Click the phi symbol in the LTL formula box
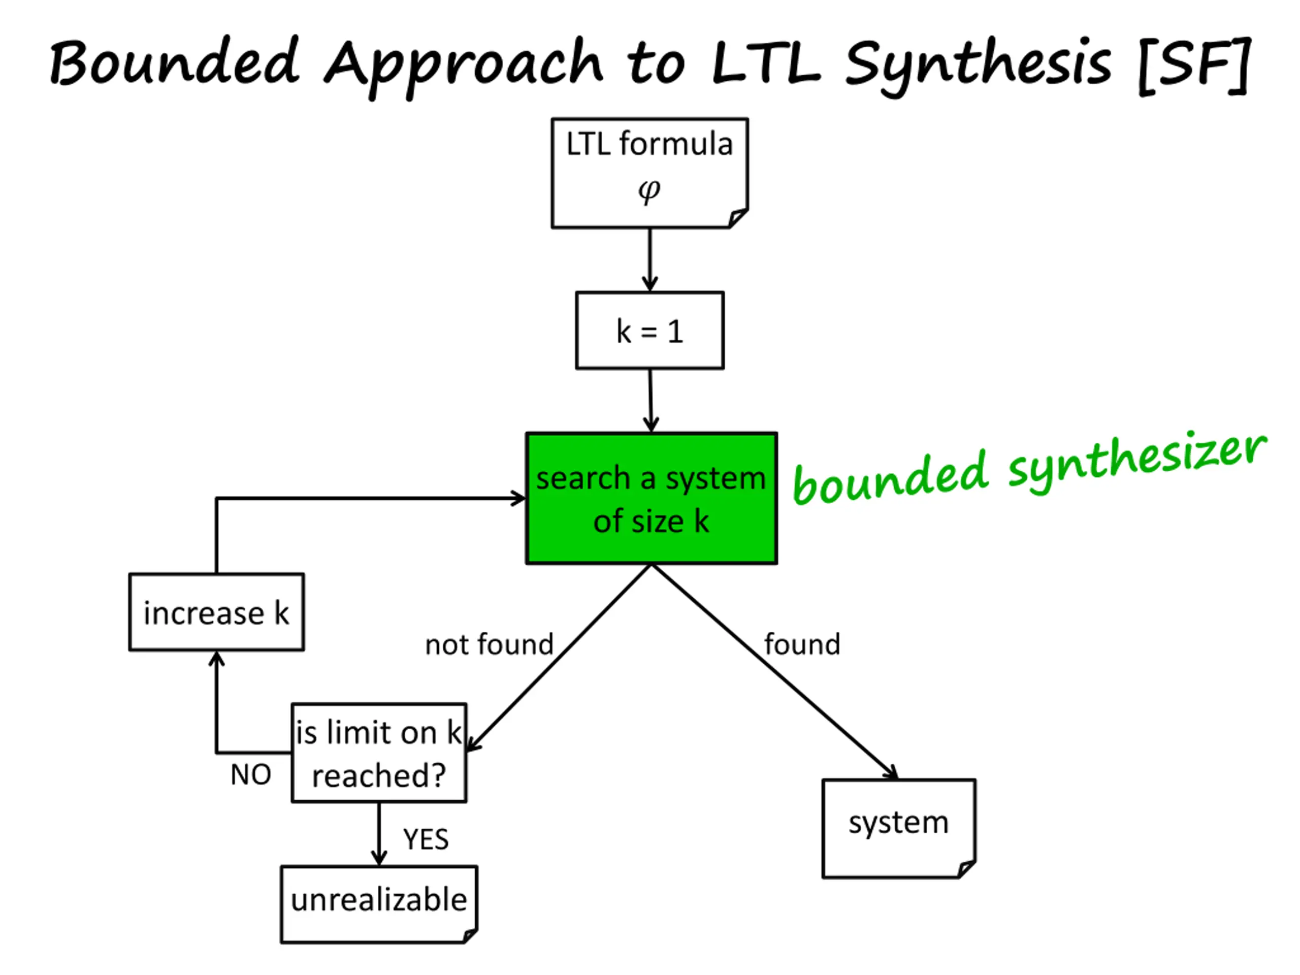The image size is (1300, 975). coord(649,191)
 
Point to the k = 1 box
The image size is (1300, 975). coord(649,330)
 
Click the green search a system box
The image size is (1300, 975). coord(651,498)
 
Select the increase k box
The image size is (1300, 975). coord(216,612)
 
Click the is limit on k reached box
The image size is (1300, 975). coord(379,753)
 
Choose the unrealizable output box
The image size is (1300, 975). coord(379,904)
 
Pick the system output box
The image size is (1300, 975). coord(899,828)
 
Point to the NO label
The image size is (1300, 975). coord(251,774)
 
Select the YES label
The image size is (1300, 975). coord(426,839)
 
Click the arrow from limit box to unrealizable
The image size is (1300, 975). coord(379,834)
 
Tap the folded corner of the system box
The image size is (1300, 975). coord(967,869)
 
